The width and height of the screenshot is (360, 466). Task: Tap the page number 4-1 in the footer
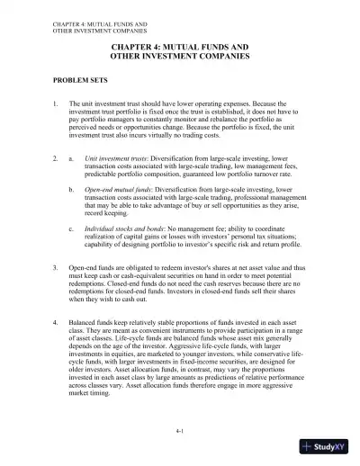(180, 434)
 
